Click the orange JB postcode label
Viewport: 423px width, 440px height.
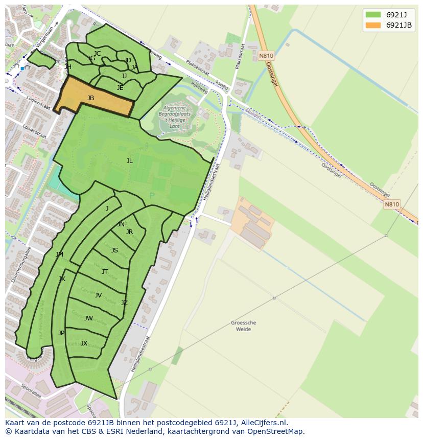point(90,98)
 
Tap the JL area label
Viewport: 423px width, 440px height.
point(129,161)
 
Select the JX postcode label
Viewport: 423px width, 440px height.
point(84,343)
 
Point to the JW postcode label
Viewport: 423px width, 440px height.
point(88,318)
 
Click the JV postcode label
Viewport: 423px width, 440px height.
point(98,295)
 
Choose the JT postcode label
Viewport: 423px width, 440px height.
point(105,272)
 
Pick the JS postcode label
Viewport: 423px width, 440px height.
point(114,250)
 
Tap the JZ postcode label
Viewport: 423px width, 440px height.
point(124,303)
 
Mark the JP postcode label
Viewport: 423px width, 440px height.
point(61,333)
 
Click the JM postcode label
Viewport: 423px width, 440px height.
point(60,254)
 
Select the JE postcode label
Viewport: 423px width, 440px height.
point(120,88)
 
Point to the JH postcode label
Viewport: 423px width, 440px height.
point(68,67)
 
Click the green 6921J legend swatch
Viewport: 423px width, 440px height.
point(373,15)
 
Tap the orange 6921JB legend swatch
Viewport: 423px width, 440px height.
point(373,25)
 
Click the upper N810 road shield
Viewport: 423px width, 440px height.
point(266,56)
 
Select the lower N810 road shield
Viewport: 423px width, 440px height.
point(392,204)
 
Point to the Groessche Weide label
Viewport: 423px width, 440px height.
point(244,326)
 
